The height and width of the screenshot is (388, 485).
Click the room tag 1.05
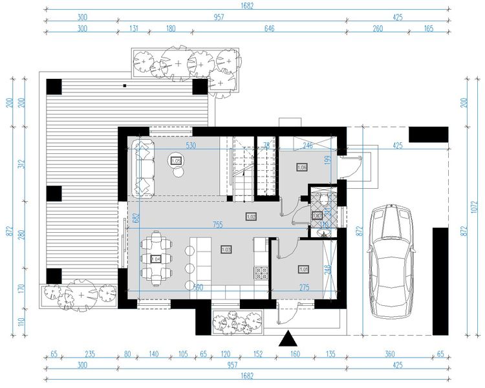(176, 160)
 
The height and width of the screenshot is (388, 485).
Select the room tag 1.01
(303, 269)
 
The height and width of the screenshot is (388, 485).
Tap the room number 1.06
(301, 167)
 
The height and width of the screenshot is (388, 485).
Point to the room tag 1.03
(226, 249)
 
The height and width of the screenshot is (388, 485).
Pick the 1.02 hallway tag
(252, 216)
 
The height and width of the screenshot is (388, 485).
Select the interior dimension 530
(191, 146)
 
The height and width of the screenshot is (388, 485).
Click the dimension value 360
(389, 355)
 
